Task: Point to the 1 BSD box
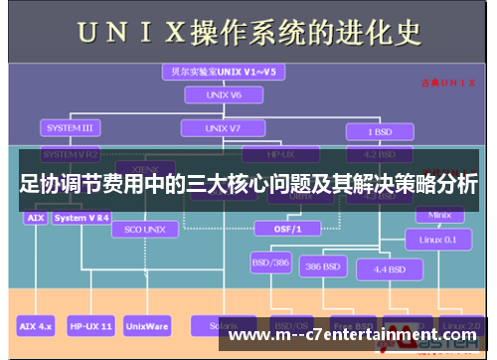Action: click(x=378, y=130)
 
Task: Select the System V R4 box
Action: click(x=83, y=217)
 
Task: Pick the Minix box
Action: click(x=438, y=214)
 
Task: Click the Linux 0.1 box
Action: click(x=438, y=239)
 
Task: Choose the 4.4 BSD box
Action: click(x=388, y=269)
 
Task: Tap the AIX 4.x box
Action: click(x=36, y=325)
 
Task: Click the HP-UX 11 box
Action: click(x=90, y=325)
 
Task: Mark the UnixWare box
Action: click(x=150, y=325)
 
